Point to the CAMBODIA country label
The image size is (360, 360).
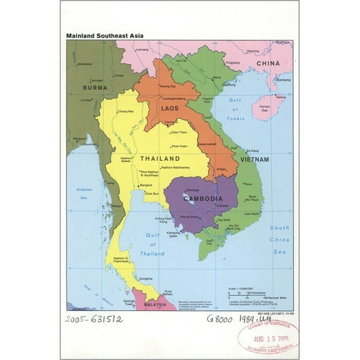pyautogui.click(x=202, y=199)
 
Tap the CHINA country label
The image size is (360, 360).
pyautogui.click(x=268, y=63)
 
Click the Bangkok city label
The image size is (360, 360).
pyautogui.click(x=146, y=185)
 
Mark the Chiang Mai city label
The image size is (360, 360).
pyautogui.click(x=126, y=111)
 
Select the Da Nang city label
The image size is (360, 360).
pyautogui.click(x=253, y=151)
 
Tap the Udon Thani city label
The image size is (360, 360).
pyautogui.click(x=179, y=132)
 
